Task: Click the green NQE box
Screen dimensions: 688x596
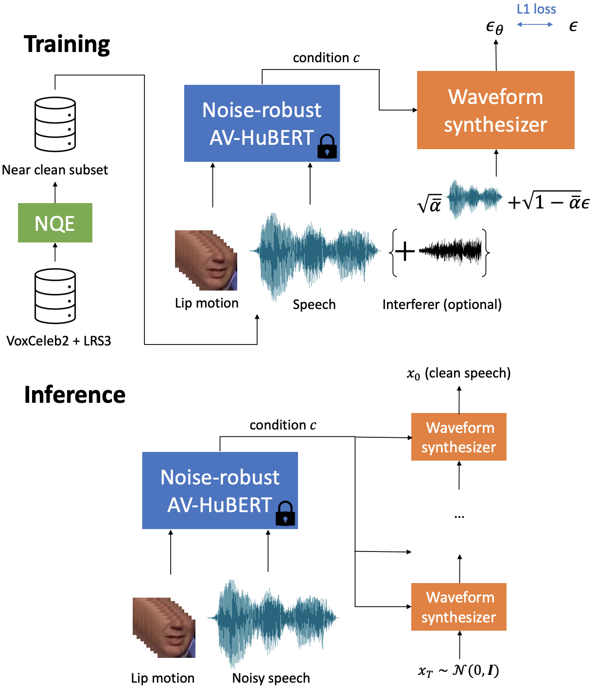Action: coord(55,223)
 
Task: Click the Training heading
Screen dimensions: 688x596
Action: coord(67,44)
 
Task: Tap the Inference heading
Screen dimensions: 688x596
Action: coord(75,395)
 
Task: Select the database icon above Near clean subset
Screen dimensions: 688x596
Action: coord(55,124)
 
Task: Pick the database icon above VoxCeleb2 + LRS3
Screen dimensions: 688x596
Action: coord(55,296)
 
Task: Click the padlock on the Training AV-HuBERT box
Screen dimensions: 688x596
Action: coord(327,147)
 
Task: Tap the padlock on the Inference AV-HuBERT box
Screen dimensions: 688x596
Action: coord(285,514)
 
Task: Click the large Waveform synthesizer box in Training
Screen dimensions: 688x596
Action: coord(495,110)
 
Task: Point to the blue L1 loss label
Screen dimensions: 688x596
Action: coord(536,9)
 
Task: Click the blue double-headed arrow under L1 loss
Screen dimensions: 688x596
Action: coord(535,24)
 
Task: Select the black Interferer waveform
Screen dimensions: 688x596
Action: coord(451,251)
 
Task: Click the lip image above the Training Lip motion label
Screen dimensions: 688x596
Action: coord(206,260)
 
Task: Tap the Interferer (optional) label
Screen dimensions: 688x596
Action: coord(442,305)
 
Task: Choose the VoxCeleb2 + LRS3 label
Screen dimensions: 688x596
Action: coord(59,341)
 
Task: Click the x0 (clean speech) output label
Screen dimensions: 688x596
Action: coord(458,373)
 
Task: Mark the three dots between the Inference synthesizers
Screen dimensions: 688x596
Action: coord(459,517)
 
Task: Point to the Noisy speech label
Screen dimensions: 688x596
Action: coord(271,678)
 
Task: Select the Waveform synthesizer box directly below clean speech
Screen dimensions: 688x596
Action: coord(458,437)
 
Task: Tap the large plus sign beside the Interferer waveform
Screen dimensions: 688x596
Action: coord(404,252)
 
